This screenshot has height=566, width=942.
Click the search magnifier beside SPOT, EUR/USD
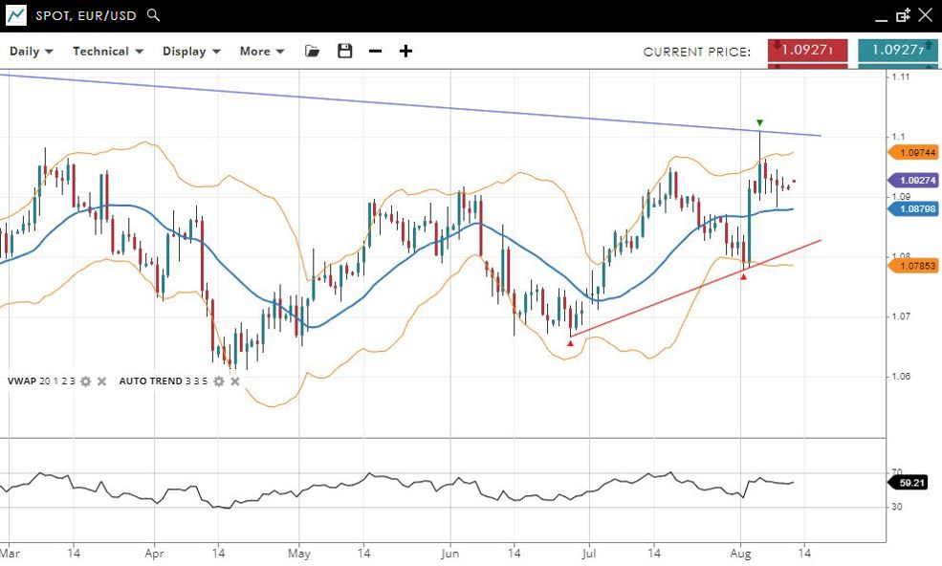click(x=154, y=15)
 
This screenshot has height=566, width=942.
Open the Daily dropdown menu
click(x=32, y=51)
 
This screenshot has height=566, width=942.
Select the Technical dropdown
click(x=108, y=51)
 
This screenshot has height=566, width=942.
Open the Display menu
click(x=191, y=51)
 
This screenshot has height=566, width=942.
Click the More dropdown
click(x=262, y=51)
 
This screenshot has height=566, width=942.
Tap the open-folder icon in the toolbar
click(x=312, y=51)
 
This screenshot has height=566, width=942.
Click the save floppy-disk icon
click(x=345, y=51)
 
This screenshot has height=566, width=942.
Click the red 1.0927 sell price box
click(x=808, y=51)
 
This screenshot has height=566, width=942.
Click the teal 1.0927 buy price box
click(x=897, y=51)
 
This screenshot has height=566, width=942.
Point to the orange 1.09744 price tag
click(x=915, y=152)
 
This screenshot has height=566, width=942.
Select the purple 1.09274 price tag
click(x=915, y=180)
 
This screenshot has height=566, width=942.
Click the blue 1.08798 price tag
click(x=915, y=208)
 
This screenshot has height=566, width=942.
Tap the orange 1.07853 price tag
click(x=915, y=267)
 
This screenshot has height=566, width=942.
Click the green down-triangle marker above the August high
click(x=759, y=122)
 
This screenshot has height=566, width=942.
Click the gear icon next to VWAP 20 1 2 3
click(x=85, y=381)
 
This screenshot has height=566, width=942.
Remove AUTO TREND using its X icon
click(x=235, y=381)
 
